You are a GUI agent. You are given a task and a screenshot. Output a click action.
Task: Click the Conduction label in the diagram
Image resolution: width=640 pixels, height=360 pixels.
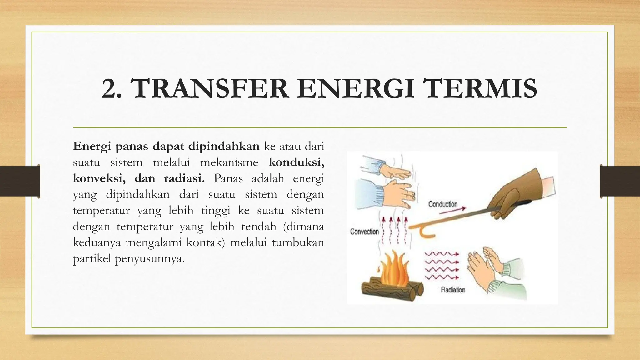(443, 204)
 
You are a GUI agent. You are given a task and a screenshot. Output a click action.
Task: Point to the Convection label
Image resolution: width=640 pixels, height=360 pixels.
(364, 232)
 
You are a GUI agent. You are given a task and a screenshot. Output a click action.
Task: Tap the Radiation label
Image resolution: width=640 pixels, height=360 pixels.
(453, 290)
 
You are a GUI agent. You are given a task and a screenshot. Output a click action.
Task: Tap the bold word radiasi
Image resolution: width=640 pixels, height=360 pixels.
(184, 178)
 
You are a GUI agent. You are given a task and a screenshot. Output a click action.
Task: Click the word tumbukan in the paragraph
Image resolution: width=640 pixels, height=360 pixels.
(298, 242)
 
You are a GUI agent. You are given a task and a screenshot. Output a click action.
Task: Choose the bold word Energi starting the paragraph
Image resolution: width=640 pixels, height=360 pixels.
(92, 146)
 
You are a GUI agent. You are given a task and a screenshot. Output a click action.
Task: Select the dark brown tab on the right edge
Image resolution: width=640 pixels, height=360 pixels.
(620, 181)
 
